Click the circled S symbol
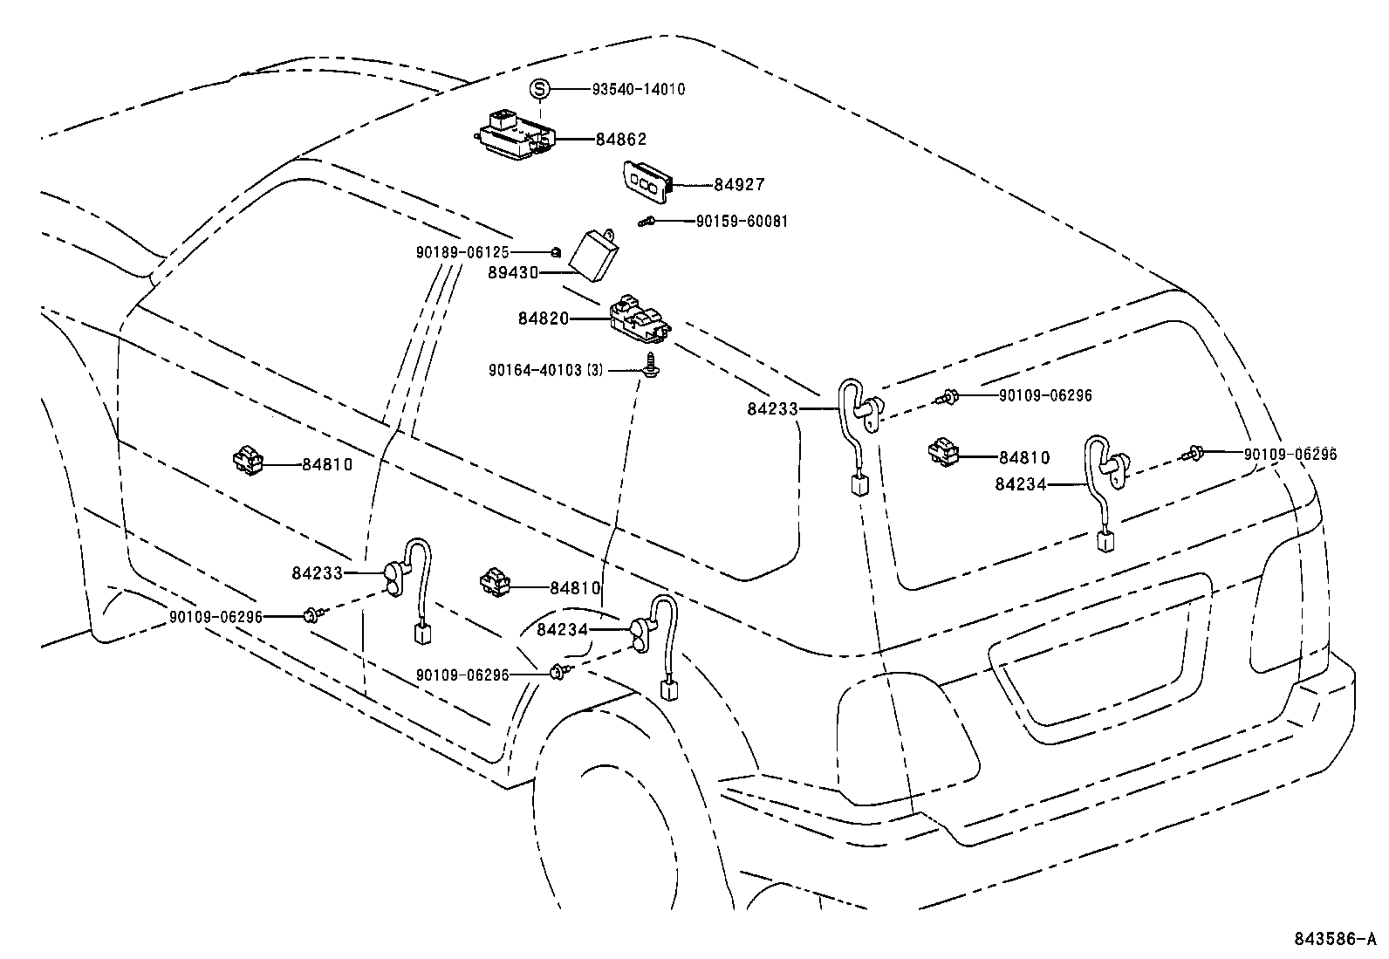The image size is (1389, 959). pos(540,88)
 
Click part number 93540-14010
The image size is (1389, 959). pos(638,89)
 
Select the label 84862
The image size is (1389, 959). pos(621,139)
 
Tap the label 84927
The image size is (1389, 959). pos(739,184)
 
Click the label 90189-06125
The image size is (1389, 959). pos(462,252)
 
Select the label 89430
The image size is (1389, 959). pos(514,272)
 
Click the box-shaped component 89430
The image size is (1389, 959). pos(593,256)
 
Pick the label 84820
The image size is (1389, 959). pos(544,319)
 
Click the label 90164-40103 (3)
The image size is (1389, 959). pos(546,370)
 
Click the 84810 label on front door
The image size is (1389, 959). pos(327,465)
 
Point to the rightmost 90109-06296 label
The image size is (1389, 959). pos(1290,455)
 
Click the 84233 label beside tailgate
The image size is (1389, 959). pos(772,408)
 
